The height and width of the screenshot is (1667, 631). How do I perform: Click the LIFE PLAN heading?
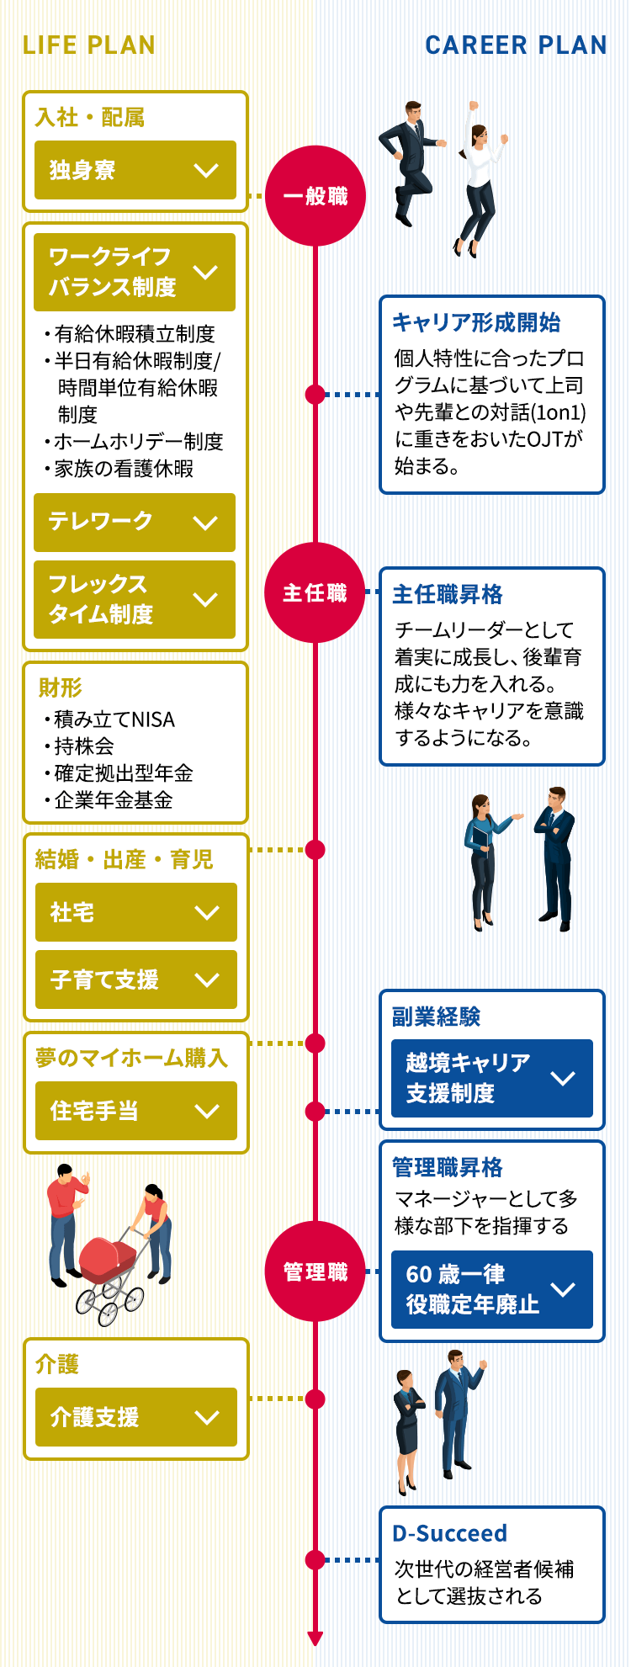point(88,45)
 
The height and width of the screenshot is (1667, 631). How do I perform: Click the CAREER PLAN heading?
point(515,45)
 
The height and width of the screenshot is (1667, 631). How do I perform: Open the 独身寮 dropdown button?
point(135,170)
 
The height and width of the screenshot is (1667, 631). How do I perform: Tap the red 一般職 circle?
point(315,196)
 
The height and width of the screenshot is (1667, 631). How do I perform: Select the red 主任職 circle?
point(315,593)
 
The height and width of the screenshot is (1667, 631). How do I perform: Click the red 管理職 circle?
point(315,1271)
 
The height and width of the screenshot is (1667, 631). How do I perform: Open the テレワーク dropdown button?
point(135,522)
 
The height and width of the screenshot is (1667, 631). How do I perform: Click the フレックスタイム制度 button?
point(135,599)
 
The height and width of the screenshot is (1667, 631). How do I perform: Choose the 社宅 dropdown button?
point(135,912)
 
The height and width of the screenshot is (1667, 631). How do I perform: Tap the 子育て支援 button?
point(135,979)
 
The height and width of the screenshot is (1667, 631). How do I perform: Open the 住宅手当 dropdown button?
point(135,1111)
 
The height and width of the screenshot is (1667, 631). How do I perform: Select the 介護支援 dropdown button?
point(135,1417)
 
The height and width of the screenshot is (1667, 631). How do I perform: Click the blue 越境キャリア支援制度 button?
point(491,1078)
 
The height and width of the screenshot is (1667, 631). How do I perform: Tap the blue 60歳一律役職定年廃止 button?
point(491,1289)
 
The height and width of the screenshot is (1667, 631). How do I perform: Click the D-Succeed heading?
point(449,1533)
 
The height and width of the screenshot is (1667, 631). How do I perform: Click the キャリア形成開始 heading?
point(476,322)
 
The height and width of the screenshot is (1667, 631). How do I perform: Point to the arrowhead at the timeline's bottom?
point(315,1638)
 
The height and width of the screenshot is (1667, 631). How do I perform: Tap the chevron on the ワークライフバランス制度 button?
point(206,273)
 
